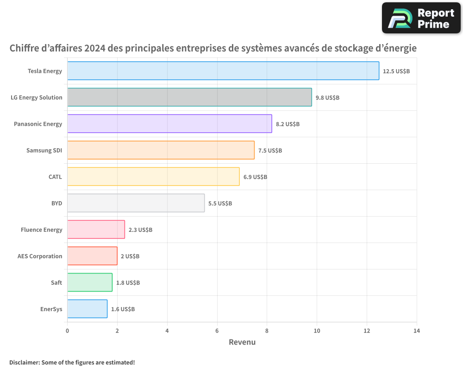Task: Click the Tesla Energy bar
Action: [x=223, y=71]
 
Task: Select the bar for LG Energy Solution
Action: [x=189, y=97]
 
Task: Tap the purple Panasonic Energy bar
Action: [x=169, y=124]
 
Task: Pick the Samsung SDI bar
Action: [x=161, y=150]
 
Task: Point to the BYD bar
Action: [x=136, y=203]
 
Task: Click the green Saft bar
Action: [x=90, y=282]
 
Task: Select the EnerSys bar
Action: [x=87, y=309]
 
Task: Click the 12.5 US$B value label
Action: [x=396, y=71]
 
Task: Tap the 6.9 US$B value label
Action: [x=255, y=177]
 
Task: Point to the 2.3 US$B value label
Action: [x=140, y=230]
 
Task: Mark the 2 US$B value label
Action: [x=130, y=256]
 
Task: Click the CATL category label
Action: [x=55, y=177]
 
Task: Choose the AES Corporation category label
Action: [x=40, y=256]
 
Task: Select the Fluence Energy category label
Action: [x=41, y=230]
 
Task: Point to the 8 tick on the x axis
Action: [x=267, y=331]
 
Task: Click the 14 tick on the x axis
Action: [x=416, y=331]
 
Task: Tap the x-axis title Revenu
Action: [x=242, y=342]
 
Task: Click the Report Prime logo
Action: [x=421, y=18]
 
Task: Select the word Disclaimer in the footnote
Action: [x=24, y=362]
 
